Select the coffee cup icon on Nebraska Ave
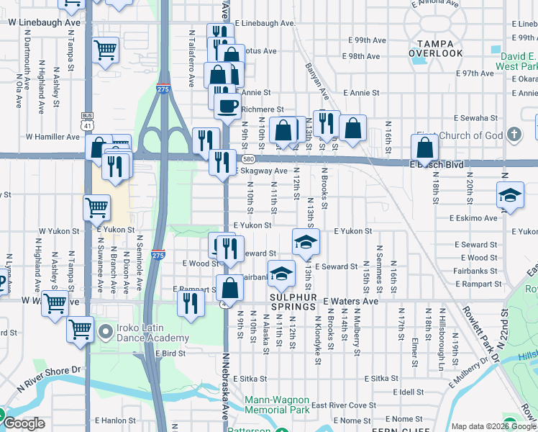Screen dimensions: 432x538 pyautogui.click(x=228, y=106)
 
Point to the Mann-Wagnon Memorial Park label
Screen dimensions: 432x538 pyautogui.click(x=277, y=405)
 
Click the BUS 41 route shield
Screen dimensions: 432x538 pyautogui.click(x=88, y=120)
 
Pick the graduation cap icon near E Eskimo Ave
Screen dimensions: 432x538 pyautogui.click(x=510, y=195)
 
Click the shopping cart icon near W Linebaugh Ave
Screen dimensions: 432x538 pyautogui.click(x=106, y=50)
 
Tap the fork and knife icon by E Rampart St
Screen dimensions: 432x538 pyautogui.click(x=191, y=302)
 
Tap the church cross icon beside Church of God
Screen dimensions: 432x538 pyautogui.click(x=514, y=135)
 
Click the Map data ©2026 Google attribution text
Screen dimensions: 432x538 pyautogui.click(x=493, y=426)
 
